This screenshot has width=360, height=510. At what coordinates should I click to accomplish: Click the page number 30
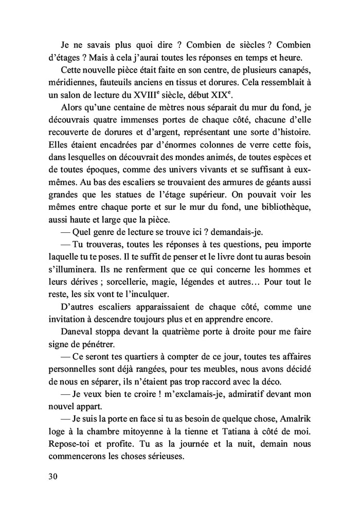point(52,476)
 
